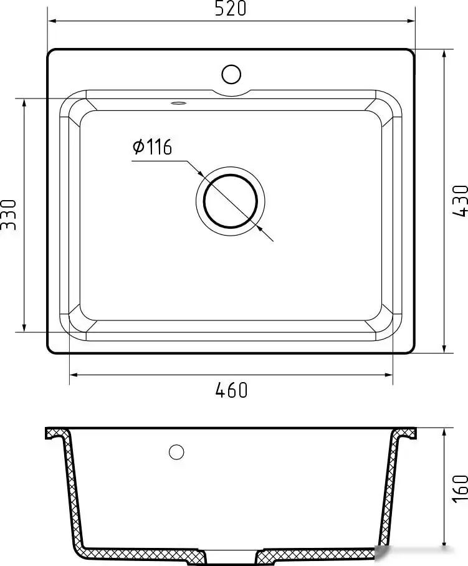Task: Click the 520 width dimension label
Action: click(x=232, y=9)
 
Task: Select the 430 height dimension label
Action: click(x=459, y=201)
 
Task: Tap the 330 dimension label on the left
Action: click(x=8, y=214)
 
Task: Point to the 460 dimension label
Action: click(x=231, y=390)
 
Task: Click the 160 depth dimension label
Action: click(x=460, y=488)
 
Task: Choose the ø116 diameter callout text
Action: click(x=152, y=148)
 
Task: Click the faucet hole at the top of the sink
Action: click(x=231, y=74)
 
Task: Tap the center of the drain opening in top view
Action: click(x=231, y=201)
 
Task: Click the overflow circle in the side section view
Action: click(x=176, y=452)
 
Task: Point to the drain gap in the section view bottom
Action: click(x=231, y=555)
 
